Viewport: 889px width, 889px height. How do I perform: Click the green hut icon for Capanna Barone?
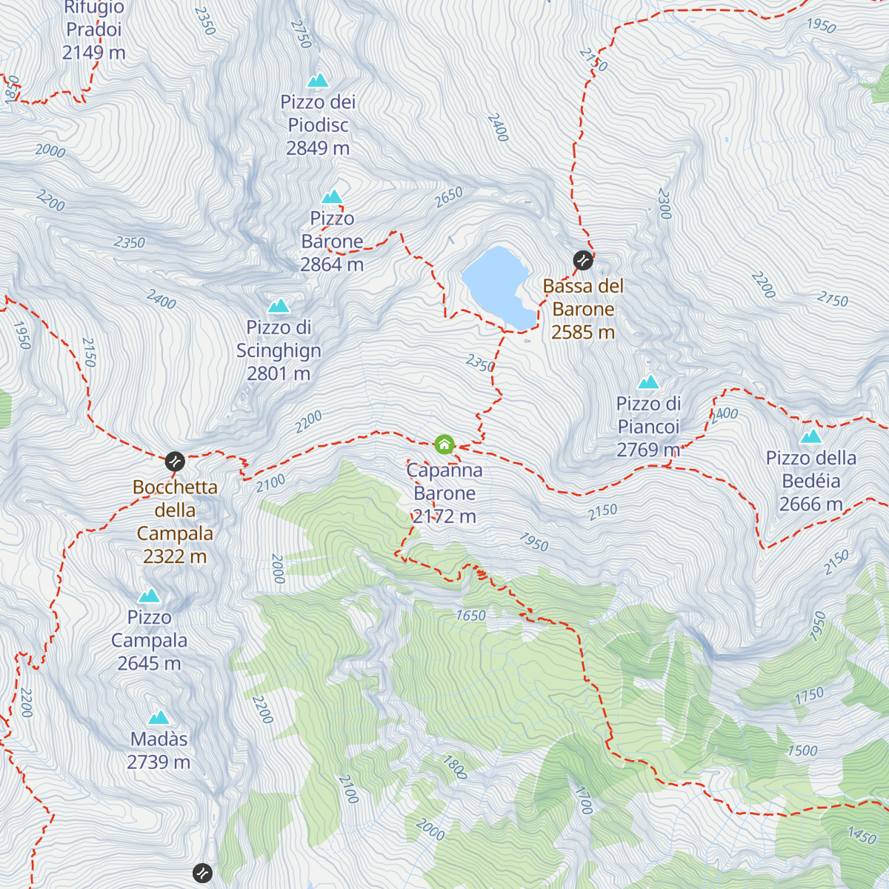pos(444,444)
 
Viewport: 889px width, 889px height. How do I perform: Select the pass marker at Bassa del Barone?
pos(583,260)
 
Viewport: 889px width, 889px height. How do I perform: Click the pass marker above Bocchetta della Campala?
pos(175,462)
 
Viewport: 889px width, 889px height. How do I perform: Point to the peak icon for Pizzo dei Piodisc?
pos(318,80)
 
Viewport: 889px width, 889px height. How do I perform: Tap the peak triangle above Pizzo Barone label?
pos(332,196)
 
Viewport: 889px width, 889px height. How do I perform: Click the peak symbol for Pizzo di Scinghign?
pos(279,305)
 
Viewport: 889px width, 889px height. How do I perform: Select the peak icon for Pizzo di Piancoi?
pos(649,382)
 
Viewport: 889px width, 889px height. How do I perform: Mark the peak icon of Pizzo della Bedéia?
pos(811,436)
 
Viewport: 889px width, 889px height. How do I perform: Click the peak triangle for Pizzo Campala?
pos(150,596)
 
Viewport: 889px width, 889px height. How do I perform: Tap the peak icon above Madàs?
pos(159,717)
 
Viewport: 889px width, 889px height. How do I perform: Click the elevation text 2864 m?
pos(332,264)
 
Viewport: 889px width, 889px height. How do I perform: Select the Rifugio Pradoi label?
pos(94,30)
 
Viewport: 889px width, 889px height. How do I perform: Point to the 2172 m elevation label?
pos(444,516)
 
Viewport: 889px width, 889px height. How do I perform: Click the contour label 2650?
pos(448,196)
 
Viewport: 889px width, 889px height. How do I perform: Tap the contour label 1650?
pos(470,616)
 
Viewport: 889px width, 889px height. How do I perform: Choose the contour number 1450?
pos(862,836)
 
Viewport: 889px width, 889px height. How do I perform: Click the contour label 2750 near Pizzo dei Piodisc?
pos(301,34)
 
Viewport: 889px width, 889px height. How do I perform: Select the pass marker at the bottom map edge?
pos(202,873)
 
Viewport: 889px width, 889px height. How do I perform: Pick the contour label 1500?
pos(802,750)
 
